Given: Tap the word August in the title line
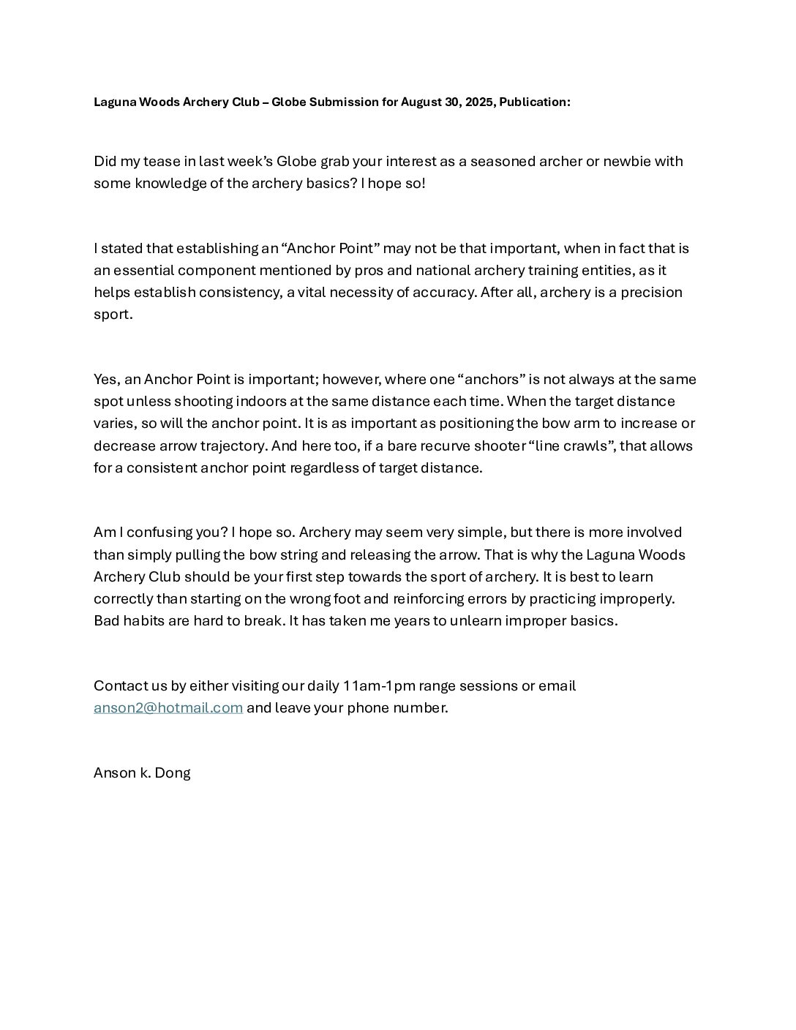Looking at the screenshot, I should click(421, 102).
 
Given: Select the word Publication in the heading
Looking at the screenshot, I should click(534, 102).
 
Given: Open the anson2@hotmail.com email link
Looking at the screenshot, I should click(168, 708).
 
